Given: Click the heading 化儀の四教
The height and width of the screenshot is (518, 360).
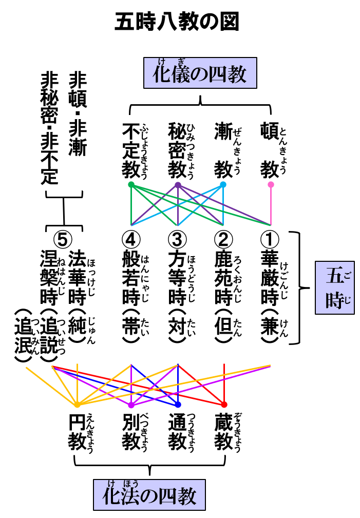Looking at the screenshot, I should (x=200, y=73).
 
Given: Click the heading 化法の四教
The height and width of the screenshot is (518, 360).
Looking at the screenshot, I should (x=149, y=495).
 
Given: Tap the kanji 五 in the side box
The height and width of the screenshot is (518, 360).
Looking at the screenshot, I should (x=334, y=277).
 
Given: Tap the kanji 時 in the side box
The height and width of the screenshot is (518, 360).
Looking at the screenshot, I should (x=334, y=300).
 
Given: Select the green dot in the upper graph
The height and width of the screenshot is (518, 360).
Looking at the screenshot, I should (x=131, y=184).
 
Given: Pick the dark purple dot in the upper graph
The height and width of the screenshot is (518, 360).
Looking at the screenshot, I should (x=178, y=185).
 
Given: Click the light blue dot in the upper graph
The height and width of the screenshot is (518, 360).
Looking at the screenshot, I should (x=223, y=184).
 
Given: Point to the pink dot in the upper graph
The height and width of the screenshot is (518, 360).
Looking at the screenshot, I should (x=271, y=184).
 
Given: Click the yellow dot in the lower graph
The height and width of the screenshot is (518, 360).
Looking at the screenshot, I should (x=77, y=405).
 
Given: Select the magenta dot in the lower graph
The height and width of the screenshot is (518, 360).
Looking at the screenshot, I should (x=131, y=405).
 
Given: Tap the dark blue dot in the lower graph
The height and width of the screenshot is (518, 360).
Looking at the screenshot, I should (x=178, y=405).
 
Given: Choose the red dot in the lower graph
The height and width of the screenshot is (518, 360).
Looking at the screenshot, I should (x=224, y=405).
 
